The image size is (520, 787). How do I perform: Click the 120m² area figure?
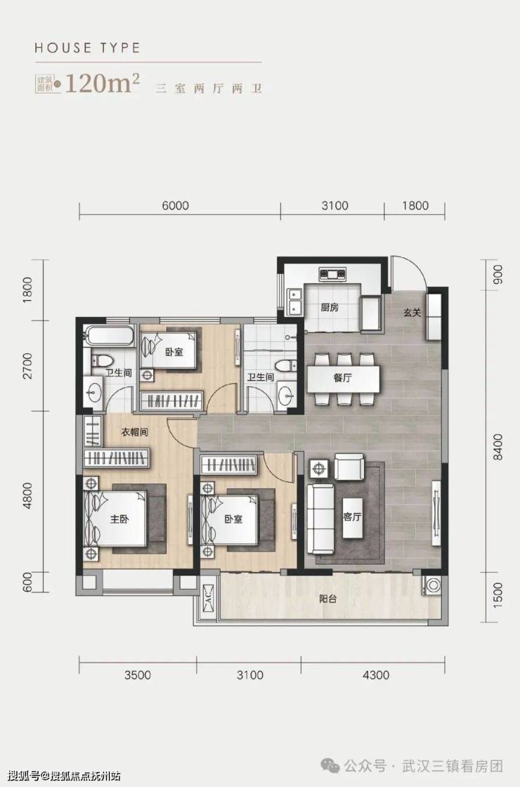click(x=102, y=84)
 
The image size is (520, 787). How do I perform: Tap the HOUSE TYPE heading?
click(x=87, y=48)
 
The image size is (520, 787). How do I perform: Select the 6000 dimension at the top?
click(x=176, y=206)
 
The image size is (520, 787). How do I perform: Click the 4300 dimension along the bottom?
click(x=376, y=675)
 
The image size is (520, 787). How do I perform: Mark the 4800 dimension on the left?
click(x=27, y=496)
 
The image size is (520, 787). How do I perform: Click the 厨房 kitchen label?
click(x=330, y=307)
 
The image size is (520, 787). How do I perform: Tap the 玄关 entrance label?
click(x=412, y=313)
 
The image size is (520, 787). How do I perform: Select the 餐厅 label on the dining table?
click(x=342, y=378)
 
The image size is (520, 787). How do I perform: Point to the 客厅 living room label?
click(x=352, y=516)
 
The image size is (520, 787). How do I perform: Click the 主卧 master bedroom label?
click(x=119, y=519)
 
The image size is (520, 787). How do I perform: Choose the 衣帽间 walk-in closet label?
click(x=135, y=431)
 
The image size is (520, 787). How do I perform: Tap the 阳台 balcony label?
click(x=327, y=599)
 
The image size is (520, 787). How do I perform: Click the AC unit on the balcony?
click(x=207, y=599)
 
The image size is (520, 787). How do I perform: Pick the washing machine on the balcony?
click(x=432, y=584)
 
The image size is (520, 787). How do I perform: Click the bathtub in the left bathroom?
click(x=109, y=336)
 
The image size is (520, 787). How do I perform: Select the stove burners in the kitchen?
click(x=332, y=274)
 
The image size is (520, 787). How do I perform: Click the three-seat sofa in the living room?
click(x=320, y=519)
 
